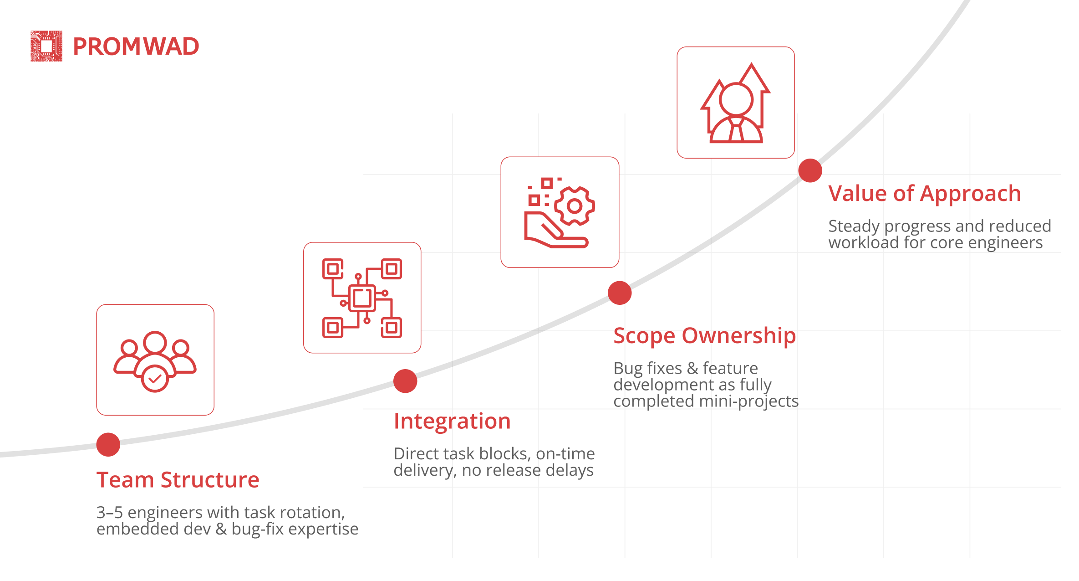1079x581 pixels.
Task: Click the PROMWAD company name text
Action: pyautogui.click(x=136, y=46)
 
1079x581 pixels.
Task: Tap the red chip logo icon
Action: pyautogui.click(x=46, y=46)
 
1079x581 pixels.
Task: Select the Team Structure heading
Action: pyautogui.click(x=178, y=480)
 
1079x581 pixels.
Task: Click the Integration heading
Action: pyautogui.click(x=452, y=421)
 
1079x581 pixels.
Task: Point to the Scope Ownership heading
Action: pyautogui.click(x=705, y=336)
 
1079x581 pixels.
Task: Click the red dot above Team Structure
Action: pyautogui.click(x=108, y=444)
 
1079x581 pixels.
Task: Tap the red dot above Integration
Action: pyautogui.click(x=405, y=381)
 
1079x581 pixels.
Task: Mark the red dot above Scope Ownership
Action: pyautogui.click(x=620, y=293)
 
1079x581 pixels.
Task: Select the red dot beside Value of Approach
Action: pyautogui.click(x=810, y=170)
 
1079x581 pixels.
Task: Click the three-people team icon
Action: pyautogui.click(x=155, y=361)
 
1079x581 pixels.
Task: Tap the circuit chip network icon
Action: pyautogui.click(x=362, y=298)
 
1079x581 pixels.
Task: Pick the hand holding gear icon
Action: pyautogui.click(x=560, y=212)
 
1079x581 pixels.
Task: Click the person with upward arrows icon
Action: pyautogui.click(x=736, y=103)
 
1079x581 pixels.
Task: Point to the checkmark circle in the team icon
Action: pyautogui.click(x=155, y=379)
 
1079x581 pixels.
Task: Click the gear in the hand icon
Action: pyautogui.click(x=575, y=206)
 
